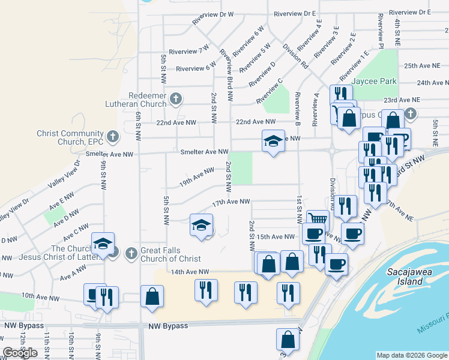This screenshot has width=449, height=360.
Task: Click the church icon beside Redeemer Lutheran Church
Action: (x=176, y=98)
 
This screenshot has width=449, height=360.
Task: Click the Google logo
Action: (x=20, y=353)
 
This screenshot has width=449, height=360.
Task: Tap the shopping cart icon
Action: (x=318, y=220)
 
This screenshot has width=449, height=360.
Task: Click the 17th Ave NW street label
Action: (x=231, y=202)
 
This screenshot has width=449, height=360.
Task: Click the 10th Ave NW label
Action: (x=40, y=297)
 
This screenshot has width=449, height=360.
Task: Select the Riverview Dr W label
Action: (x=212, y=17)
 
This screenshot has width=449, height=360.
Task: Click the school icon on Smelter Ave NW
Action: (x=273, y=142)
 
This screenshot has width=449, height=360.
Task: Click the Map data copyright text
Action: (x=412, y=355)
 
